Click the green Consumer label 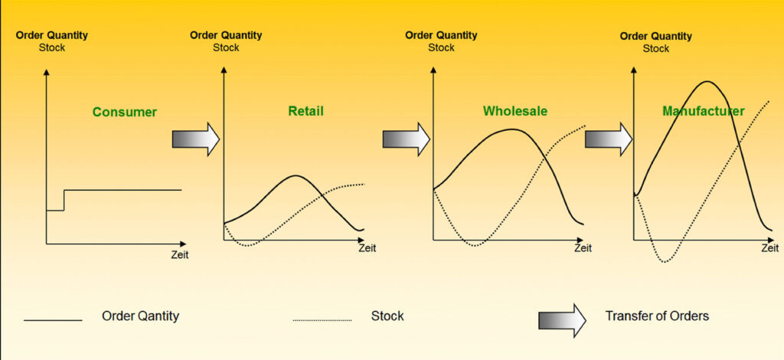[x=125, y=112]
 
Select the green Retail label [x=305, y=110]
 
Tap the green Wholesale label [x=515, y=110]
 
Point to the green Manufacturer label [x=704, y=110]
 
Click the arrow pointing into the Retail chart [x=196, y=139]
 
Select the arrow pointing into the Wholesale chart [x=407, y=139]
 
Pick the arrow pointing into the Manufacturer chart [x=609, y=139]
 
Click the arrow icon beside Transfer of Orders [x=562, y=320]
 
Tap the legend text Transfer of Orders [x=657, y=316]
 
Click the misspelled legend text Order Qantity [x=141, y=316]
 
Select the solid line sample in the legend [x=53, y=320]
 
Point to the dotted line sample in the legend [x=322, y=320]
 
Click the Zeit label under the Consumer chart [x=180, y=255]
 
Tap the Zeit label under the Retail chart [x=367, y=248]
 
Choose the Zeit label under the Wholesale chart [x=583, y=248]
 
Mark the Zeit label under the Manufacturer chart [x=770, y=248]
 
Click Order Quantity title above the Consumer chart [x=52, y=35]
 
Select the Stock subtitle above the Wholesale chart [x=442, y=47]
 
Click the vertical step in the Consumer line [x=64, y=200]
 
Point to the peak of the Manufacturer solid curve [x=707, y=81]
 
